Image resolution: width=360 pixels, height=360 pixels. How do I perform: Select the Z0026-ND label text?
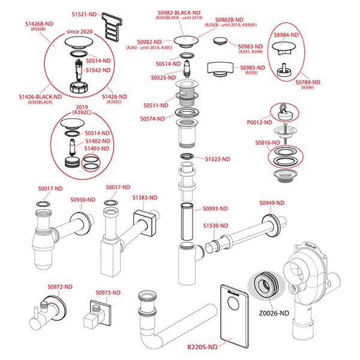(275, 313)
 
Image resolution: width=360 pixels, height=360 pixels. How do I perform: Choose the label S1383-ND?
(145, 197)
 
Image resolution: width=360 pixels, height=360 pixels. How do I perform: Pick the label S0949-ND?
(271, 203)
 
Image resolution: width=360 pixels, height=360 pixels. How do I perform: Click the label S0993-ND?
(214, 209)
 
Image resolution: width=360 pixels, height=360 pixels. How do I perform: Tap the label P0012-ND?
(260, 121)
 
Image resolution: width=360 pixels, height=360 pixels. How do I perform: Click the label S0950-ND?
(82, 200)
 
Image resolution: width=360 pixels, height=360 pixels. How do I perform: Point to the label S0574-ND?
(155, 119)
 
